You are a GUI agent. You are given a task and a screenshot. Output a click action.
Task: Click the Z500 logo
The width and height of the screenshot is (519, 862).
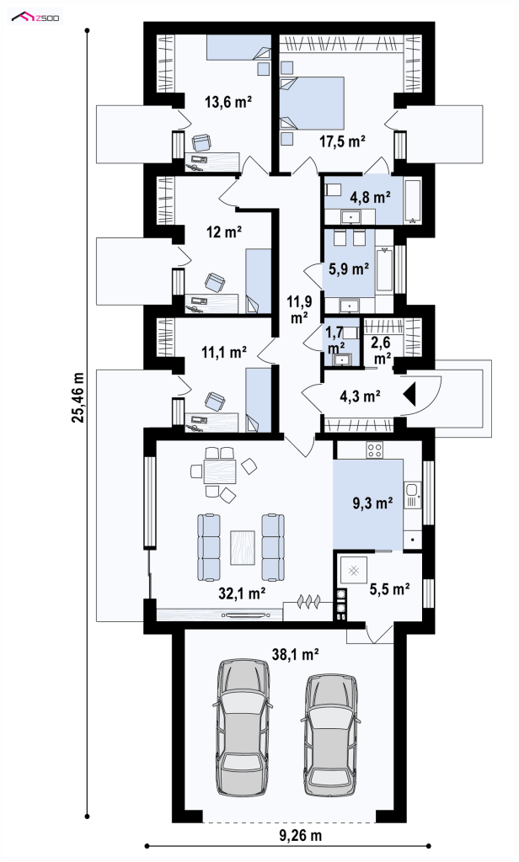[36, 18]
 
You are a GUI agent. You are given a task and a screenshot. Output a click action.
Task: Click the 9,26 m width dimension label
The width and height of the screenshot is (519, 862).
[300, 836]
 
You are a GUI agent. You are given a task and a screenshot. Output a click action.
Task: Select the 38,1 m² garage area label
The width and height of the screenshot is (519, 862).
[296, 653]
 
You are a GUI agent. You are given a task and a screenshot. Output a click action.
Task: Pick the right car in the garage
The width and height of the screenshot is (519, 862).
[331, 734]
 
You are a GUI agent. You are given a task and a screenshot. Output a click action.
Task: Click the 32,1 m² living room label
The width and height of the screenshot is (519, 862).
[243, 593]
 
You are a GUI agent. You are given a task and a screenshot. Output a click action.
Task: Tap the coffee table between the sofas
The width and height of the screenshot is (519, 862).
[243, 547]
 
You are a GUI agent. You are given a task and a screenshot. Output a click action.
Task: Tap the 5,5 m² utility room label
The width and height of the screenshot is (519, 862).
[389, 589]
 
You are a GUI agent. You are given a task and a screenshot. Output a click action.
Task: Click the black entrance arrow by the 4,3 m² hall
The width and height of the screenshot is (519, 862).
[410, 394]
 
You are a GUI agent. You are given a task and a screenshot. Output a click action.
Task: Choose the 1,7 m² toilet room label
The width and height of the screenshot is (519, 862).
[335, 339]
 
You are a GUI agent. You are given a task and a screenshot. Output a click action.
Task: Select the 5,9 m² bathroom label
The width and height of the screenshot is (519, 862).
[348, 269]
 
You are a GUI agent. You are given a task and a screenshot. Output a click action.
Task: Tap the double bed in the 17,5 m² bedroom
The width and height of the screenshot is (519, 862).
[312, 104]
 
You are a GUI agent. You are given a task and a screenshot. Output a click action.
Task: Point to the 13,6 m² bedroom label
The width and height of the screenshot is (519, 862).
[228, 101]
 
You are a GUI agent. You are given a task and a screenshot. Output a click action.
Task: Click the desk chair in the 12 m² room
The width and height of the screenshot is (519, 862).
[215, 283]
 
